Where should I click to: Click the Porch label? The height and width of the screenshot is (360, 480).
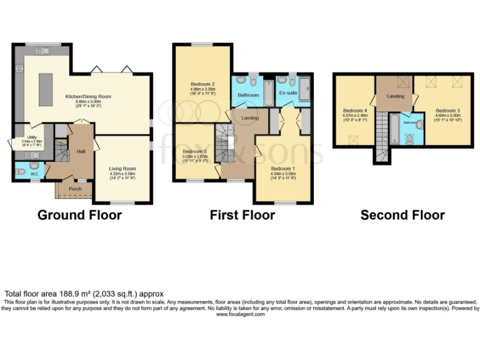(75, 189)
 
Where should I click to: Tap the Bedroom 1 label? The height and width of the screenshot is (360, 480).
(283, 169)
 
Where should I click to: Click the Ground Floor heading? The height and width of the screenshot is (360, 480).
(79, 216)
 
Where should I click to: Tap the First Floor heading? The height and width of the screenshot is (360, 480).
(242, 216)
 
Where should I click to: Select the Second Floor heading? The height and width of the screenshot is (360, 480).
(402, 216)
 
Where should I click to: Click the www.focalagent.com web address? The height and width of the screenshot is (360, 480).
(240, 314)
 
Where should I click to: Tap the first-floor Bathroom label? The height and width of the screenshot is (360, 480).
(247, 95)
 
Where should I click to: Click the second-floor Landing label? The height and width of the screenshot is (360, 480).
(395, 96)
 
